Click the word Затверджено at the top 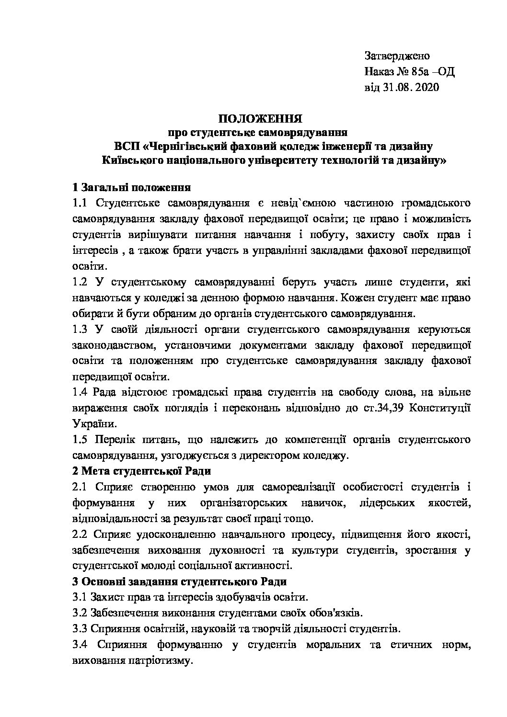point(397,56)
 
